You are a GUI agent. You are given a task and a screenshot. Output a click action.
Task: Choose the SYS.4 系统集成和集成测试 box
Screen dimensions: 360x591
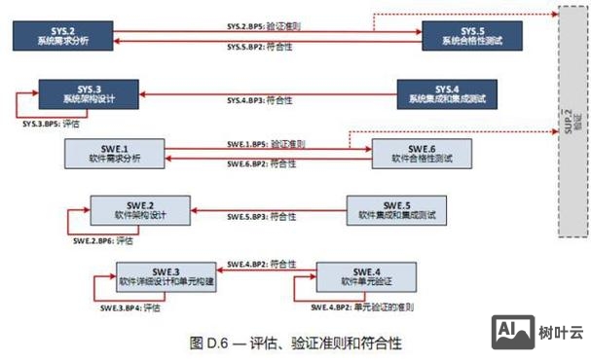pyautogui.click(x=447, y=95)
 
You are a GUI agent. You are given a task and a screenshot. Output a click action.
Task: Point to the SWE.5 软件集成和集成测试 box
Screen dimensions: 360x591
pyautogui.click(x=396, y=210)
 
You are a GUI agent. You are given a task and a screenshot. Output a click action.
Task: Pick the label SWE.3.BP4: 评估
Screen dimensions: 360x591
pyautogui.click(x=129, y=308)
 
